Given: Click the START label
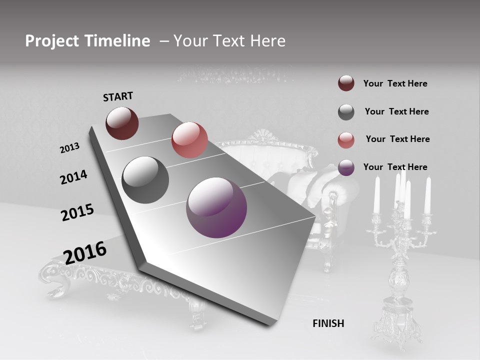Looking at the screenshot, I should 118,96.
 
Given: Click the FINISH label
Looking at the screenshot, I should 328,323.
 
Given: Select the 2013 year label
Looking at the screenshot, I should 69,148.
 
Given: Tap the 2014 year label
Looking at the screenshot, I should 73,177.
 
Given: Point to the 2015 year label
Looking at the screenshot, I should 77,212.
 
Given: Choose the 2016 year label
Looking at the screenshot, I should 85,252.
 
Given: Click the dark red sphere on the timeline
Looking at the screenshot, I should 122,123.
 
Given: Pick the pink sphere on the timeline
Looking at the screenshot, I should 189,140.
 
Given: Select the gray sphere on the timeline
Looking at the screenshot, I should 145,180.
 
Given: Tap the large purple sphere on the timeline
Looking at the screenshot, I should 216,207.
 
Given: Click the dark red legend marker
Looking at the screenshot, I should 346,83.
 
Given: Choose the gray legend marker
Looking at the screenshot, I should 346,112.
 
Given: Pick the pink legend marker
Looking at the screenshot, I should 346,139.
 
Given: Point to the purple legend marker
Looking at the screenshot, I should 346,167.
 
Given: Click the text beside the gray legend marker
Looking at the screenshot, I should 396,111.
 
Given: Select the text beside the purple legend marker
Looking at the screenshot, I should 395,167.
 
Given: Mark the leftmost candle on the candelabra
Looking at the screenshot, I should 377,195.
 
